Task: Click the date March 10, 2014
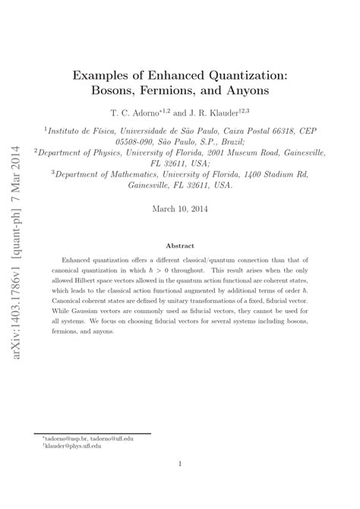180,208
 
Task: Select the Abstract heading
180,245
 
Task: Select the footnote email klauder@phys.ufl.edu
71,447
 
